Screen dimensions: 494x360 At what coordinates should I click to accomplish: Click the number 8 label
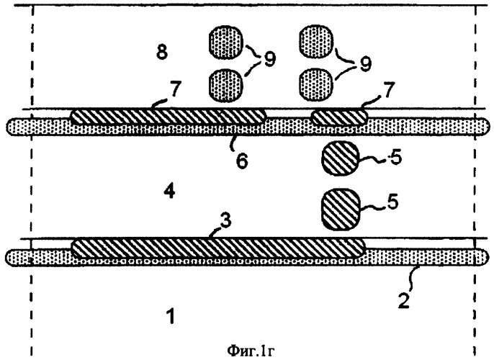[162, 53]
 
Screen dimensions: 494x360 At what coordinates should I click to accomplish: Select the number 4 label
[169, 192]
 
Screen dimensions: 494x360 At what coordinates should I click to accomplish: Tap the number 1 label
[171, 316]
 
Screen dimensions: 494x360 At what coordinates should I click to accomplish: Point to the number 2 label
[403, 300]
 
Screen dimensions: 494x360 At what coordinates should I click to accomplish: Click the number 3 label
[225, 221]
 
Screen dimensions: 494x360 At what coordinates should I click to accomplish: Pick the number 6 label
[242, 161]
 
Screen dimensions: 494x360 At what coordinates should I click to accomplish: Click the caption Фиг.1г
[251, 351]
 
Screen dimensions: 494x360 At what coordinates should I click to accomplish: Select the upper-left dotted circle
[226, 42]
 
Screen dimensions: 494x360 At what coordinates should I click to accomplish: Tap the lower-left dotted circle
[226, 85]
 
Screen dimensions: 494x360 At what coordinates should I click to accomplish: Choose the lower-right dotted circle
[316, 85]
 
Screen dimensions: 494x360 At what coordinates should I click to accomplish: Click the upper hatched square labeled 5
[340, 158]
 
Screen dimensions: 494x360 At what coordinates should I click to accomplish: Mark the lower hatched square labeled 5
[340, 209]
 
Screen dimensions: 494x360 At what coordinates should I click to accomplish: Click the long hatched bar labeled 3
[219, 248]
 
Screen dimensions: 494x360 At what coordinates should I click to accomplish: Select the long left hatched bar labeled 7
[169, 117]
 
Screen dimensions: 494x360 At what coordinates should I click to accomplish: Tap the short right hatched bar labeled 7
[339, 117]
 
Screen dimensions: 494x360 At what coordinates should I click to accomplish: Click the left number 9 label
[269, 59]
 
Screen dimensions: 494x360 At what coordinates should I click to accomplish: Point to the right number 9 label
[366, 64]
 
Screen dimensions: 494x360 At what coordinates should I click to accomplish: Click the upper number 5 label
[396, 158]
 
